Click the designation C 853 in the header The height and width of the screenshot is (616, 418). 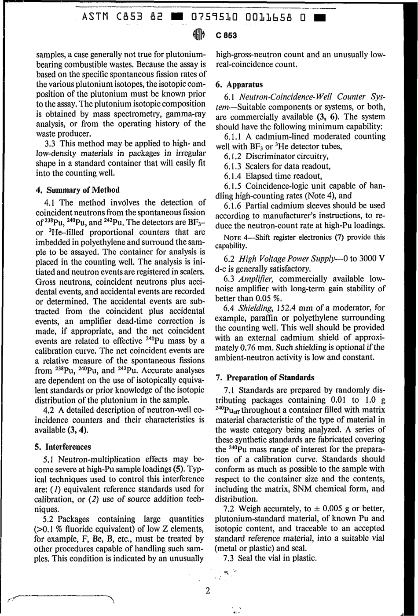pyautogui.click(x=226, y=36)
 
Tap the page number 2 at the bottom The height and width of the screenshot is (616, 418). pyautogui.click(x=208, y=590)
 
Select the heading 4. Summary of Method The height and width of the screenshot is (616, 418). pyautogui.click(x=77, y=190)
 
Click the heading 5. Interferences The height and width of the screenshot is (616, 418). pyautogui.click(x=62, y=447)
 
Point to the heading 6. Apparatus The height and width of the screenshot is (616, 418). pyautogui.click(x=239, y=84)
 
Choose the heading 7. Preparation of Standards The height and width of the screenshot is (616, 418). pyautogui.click(x=265, y=378)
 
